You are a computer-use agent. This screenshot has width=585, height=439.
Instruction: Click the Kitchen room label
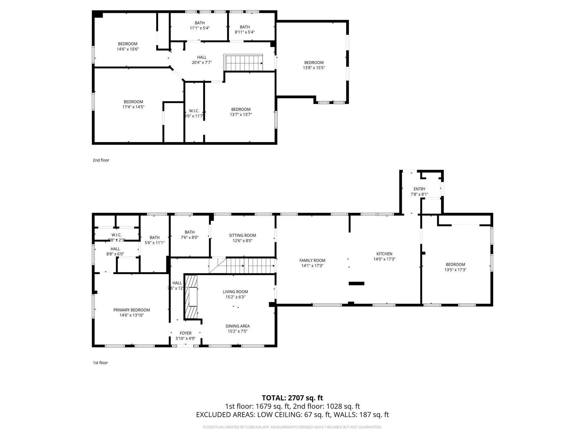[x=384, y=254]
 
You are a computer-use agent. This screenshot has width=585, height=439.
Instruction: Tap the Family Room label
[x=312, y=260]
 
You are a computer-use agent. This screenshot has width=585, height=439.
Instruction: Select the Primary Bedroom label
[x=132, y=310]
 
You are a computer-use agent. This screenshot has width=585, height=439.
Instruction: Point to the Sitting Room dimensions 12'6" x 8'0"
[x=243, y=241]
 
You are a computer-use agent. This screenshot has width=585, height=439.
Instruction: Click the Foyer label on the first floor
[x=186, y=333]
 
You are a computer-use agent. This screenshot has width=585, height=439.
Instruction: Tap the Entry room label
[x=420, y=189]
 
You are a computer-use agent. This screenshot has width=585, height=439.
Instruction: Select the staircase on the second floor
[x=243, y=63]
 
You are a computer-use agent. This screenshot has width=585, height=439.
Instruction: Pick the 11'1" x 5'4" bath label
[x=200, y=26]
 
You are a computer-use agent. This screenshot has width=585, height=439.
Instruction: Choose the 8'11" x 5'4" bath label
[x=245, y=30]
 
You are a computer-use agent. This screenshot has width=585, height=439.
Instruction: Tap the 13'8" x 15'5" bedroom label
[x=314, y=65]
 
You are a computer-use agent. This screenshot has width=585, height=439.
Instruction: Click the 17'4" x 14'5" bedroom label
[x=133, y=104]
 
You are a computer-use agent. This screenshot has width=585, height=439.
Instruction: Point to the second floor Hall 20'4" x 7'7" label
[x=202, y=60]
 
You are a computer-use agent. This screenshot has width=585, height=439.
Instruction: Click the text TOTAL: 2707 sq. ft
[x=292, y=398]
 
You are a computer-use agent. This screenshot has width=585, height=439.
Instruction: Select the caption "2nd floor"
[x=101, y=160]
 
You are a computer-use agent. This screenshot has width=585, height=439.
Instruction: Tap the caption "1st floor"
[x=100, y=362]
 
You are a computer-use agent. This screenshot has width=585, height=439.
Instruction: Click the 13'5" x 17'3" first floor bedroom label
[x=456, y=267]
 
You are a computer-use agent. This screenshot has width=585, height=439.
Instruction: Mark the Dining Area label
[x=238, y=326]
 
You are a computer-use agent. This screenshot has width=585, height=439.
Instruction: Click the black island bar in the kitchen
[x=356, y=284]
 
